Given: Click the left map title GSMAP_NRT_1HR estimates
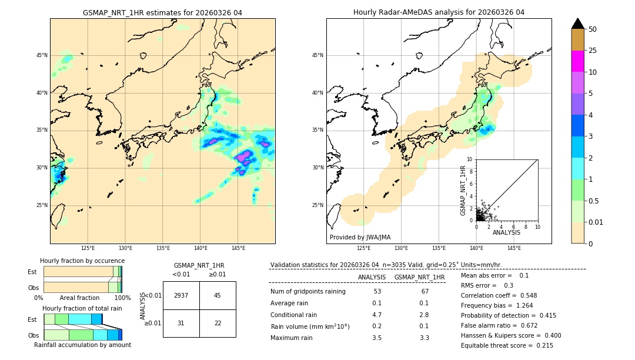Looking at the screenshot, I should pos(162,12).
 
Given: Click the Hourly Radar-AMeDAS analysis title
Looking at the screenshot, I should pos(439,12).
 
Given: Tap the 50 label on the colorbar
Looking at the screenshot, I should pos(593,29).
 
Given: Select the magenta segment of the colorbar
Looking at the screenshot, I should pos(577,61).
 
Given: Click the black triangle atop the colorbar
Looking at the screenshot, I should pos(577,24).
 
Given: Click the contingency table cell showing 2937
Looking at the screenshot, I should pos(181,295).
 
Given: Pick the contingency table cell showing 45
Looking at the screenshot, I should pos(218,295).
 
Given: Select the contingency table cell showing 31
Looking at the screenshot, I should pos(181,323).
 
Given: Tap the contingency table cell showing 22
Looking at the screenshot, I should pos(218,323).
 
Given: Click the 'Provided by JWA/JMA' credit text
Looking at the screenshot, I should pos(360,237).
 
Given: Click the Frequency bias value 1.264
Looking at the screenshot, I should pos(524,305).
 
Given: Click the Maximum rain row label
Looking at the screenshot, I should pos(292,338).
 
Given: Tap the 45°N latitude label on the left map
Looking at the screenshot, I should pos(42,55).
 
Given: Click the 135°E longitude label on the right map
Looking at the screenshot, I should pos(439,248).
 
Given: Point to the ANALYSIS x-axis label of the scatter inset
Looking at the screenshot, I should pos(506,232).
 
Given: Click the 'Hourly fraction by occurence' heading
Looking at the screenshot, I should pos(82,261).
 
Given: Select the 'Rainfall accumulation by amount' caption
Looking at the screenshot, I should pos(82,345).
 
